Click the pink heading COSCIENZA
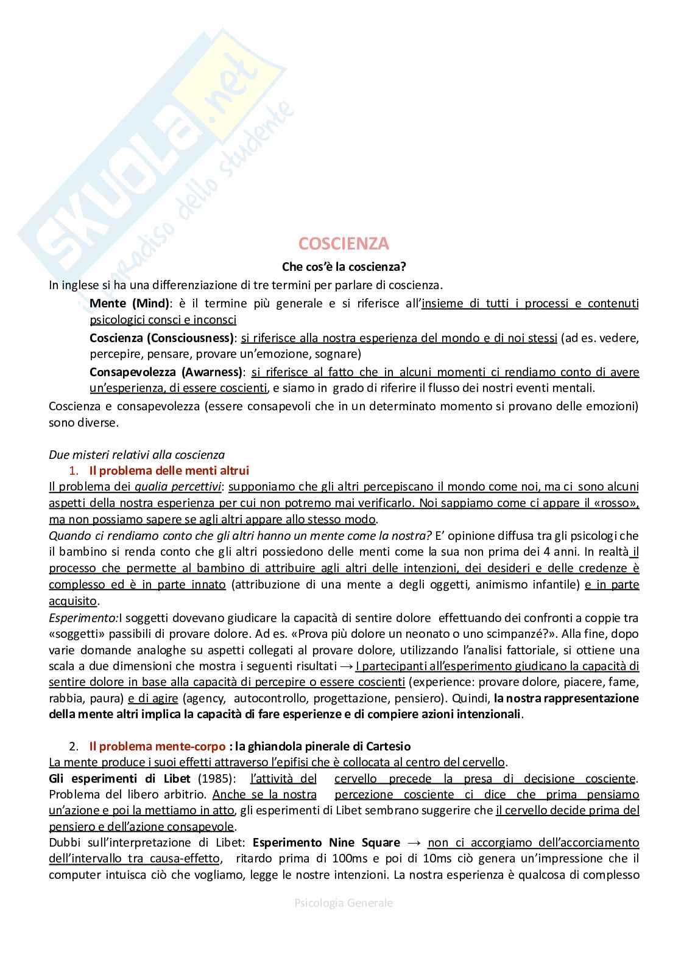tap(344, 243)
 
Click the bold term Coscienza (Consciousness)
tap(161, 338)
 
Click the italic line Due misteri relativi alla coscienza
tap(136, 455)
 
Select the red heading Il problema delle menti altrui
tap(169, 470)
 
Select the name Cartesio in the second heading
tap(388, 746)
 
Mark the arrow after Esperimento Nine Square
tap(414, 843)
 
